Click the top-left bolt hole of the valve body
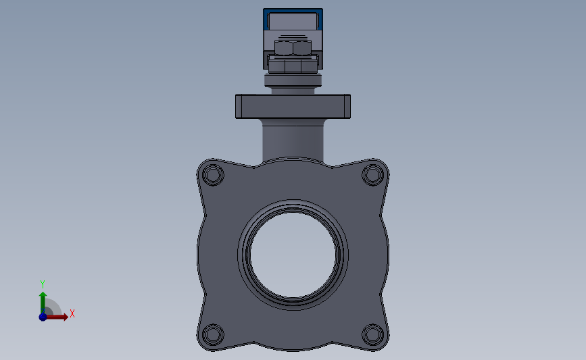coord(213,174)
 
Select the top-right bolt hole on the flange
coord(372,174)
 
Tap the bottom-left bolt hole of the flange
coord(213,334)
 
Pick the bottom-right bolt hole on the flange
coord(372,334)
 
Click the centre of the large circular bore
coord(293,255)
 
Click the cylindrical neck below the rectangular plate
coord(293,140)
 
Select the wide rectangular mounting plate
coord(293,107)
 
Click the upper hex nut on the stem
coord(293,48)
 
